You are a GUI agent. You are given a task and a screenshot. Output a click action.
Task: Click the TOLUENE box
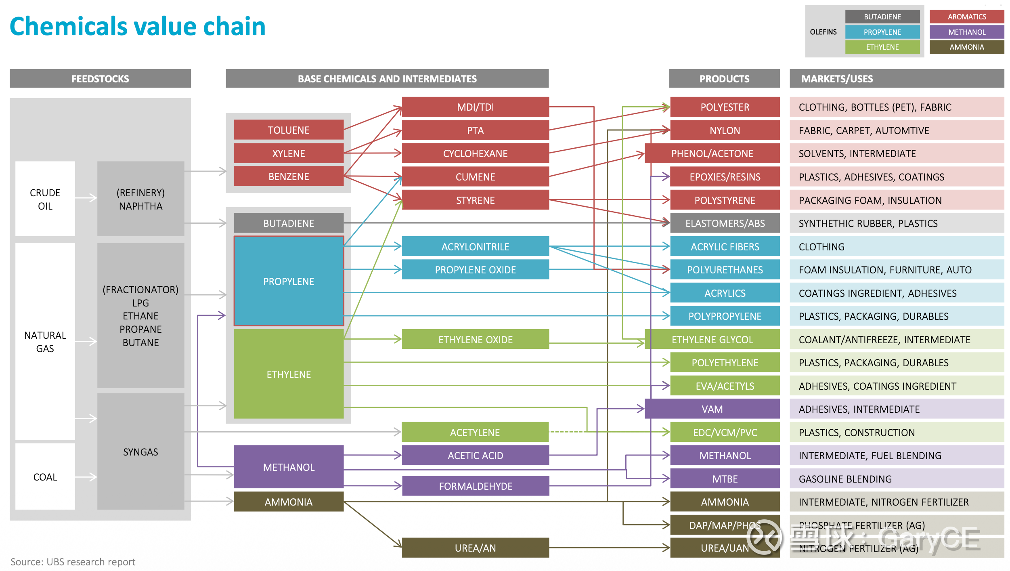[289, 130]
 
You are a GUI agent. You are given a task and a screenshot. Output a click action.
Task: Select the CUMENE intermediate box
[475, 177]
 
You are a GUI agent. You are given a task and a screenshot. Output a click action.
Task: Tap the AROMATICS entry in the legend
[966, 17]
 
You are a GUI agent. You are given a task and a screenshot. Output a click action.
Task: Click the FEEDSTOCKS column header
[100, 79]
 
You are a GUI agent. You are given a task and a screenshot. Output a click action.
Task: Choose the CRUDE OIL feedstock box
[45, 199]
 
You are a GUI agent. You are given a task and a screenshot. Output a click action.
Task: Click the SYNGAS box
[140, 452]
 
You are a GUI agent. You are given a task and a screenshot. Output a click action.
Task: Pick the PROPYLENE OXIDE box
[475, 270]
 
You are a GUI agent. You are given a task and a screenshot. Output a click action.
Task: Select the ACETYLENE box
[475, 432]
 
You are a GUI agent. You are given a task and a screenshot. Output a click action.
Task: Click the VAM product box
[712, 409]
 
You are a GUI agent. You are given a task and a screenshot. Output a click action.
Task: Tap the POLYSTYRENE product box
[725, 200]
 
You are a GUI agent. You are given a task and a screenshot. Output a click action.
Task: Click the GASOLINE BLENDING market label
[845, 479]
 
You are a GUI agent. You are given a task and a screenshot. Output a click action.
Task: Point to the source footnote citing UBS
[73, 562]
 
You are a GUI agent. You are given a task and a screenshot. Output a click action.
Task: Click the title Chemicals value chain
[137, 27]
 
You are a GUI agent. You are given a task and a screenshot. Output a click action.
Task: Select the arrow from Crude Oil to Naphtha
[86, 198]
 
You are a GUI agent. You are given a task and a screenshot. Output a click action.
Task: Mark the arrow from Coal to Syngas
[86, 477]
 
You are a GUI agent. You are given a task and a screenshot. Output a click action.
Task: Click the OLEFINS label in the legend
[823, 32]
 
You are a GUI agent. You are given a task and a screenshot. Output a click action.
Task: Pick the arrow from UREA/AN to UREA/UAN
[609, 548]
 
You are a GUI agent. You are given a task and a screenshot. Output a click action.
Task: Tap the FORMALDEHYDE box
[476, 486]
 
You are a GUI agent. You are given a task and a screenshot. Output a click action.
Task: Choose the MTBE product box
[725, 479]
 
